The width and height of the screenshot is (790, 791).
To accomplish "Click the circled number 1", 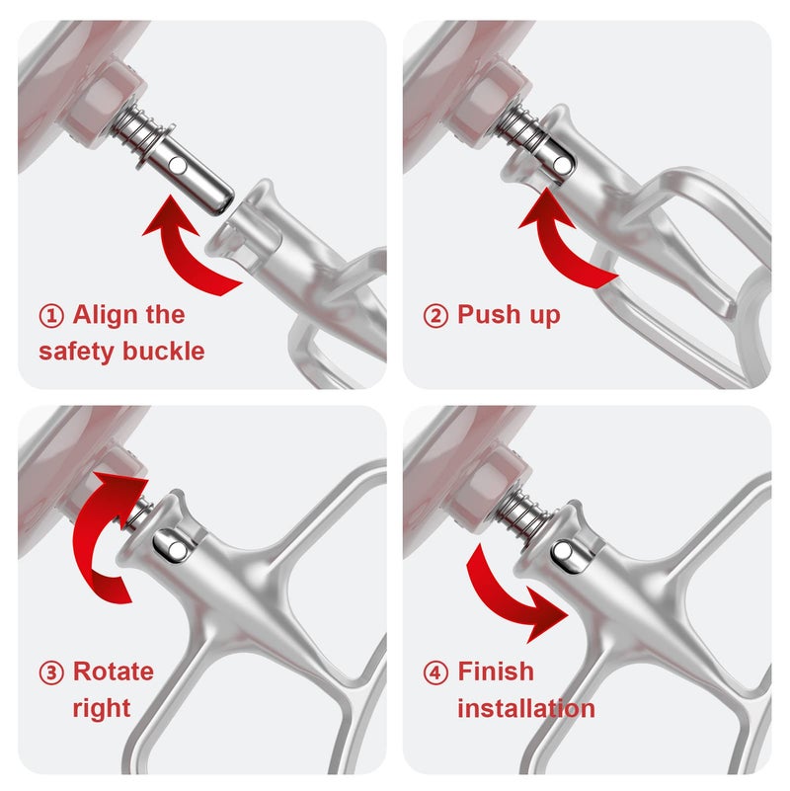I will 51,316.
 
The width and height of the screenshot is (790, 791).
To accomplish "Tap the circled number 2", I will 435,316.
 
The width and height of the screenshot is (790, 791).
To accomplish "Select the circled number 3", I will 51,673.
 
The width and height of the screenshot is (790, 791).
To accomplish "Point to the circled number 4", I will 435,673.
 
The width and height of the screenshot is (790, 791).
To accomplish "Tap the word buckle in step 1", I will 165,351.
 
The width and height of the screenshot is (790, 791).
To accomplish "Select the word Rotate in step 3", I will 114,672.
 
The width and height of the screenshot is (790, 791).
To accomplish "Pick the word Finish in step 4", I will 496,672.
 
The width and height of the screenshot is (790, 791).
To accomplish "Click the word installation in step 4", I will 525,708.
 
